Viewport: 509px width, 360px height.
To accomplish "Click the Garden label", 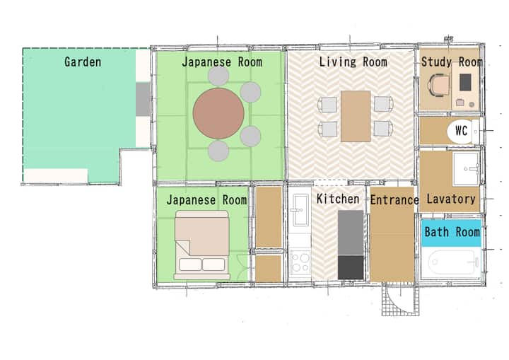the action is [83, 62].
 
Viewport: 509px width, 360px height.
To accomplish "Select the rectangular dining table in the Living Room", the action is [356, 116].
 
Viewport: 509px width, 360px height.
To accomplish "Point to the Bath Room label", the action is [452, 232].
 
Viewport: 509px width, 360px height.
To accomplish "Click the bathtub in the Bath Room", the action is [453, 262].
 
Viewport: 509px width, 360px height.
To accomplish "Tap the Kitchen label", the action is [338, 199].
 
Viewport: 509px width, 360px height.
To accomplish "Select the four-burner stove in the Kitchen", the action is [300, 262].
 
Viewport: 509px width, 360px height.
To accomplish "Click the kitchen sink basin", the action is [300, 209].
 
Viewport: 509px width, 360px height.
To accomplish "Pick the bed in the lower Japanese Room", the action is [202, 245].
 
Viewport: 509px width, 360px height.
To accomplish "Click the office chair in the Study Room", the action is [439, 85].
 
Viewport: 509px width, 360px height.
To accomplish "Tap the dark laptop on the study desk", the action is [465, 82].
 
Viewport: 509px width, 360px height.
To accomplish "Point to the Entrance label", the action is [394, 200].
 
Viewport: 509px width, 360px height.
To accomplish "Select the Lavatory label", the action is [451, 199].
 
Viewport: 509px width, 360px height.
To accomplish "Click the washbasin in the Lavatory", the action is [466, 168].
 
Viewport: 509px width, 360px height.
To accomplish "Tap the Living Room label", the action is [353, 62].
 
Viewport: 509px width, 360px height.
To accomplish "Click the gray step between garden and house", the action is [143, 100].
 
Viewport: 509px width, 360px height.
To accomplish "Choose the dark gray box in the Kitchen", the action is [351, 267].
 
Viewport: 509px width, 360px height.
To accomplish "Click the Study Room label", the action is [452, 62].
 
